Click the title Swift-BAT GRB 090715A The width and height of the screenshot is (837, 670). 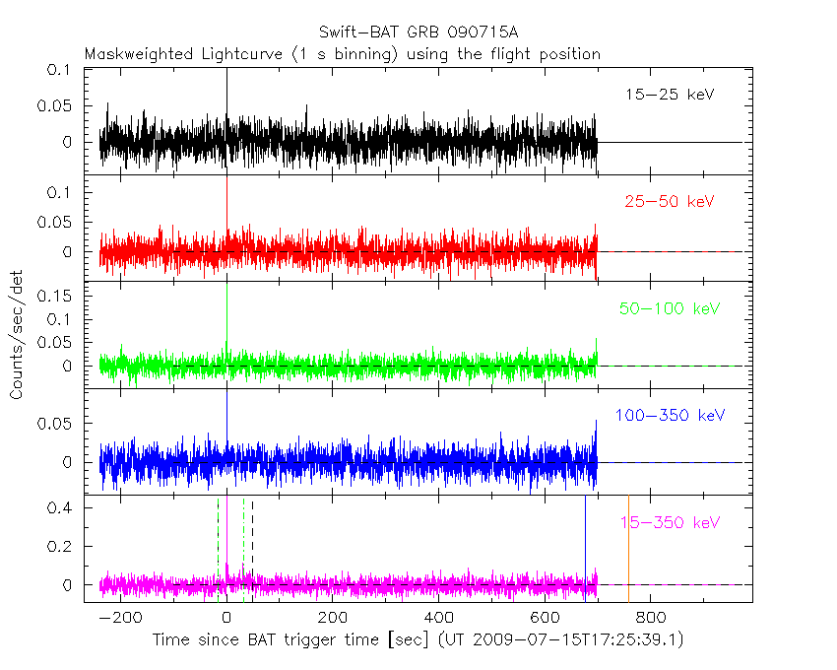tap(418, 33)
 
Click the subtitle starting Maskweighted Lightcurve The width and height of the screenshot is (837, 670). tap(342, 53)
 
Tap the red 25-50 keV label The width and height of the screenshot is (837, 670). tap(669, 201)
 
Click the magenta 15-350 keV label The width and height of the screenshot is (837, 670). tap(671, 522)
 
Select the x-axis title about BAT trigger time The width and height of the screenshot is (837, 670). tap(418, 640)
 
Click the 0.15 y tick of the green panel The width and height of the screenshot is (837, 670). tap(53, 296)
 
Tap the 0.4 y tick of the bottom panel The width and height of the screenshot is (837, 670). tap(61, 508)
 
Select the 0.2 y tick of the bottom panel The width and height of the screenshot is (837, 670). tap(61, 547)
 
